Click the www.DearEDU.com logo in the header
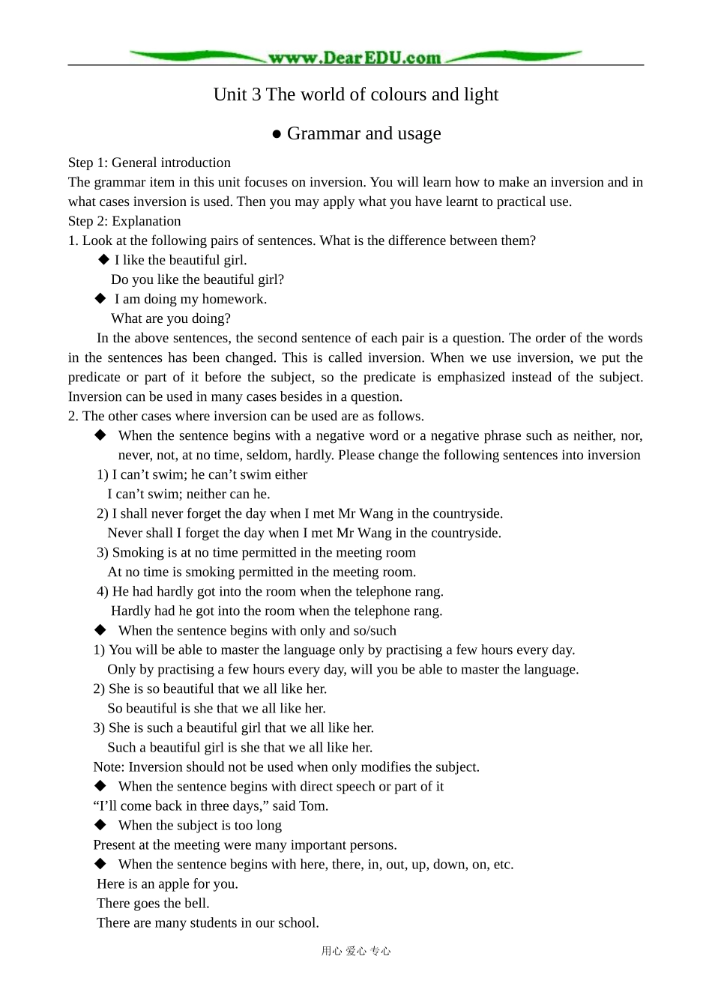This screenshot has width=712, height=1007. (x=355, y=57)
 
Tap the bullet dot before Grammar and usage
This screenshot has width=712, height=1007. (x=277, y=134)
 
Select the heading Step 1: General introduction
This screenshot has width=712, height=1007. (x=149, y=163)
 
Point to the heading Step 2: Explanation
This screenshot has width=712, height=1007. (x=124, y=221)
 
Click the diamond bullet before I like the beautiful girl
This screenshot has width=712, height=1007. (x=104, y=259)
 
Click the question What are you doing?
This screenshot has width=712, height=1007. (x=171, y=318)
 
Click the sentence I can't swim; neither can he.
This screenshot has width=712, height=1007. (x=189, y=494)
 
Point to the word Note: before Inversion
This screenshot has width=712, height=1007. (x=109, y=766)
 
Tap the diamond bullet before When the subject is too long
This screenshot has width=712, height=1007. (x=100, y=824)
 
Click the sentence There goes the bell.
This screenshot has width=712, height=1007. (x=153, y=903)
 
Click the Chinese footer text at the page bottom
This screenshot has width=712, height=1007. (x=356, y=951)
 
